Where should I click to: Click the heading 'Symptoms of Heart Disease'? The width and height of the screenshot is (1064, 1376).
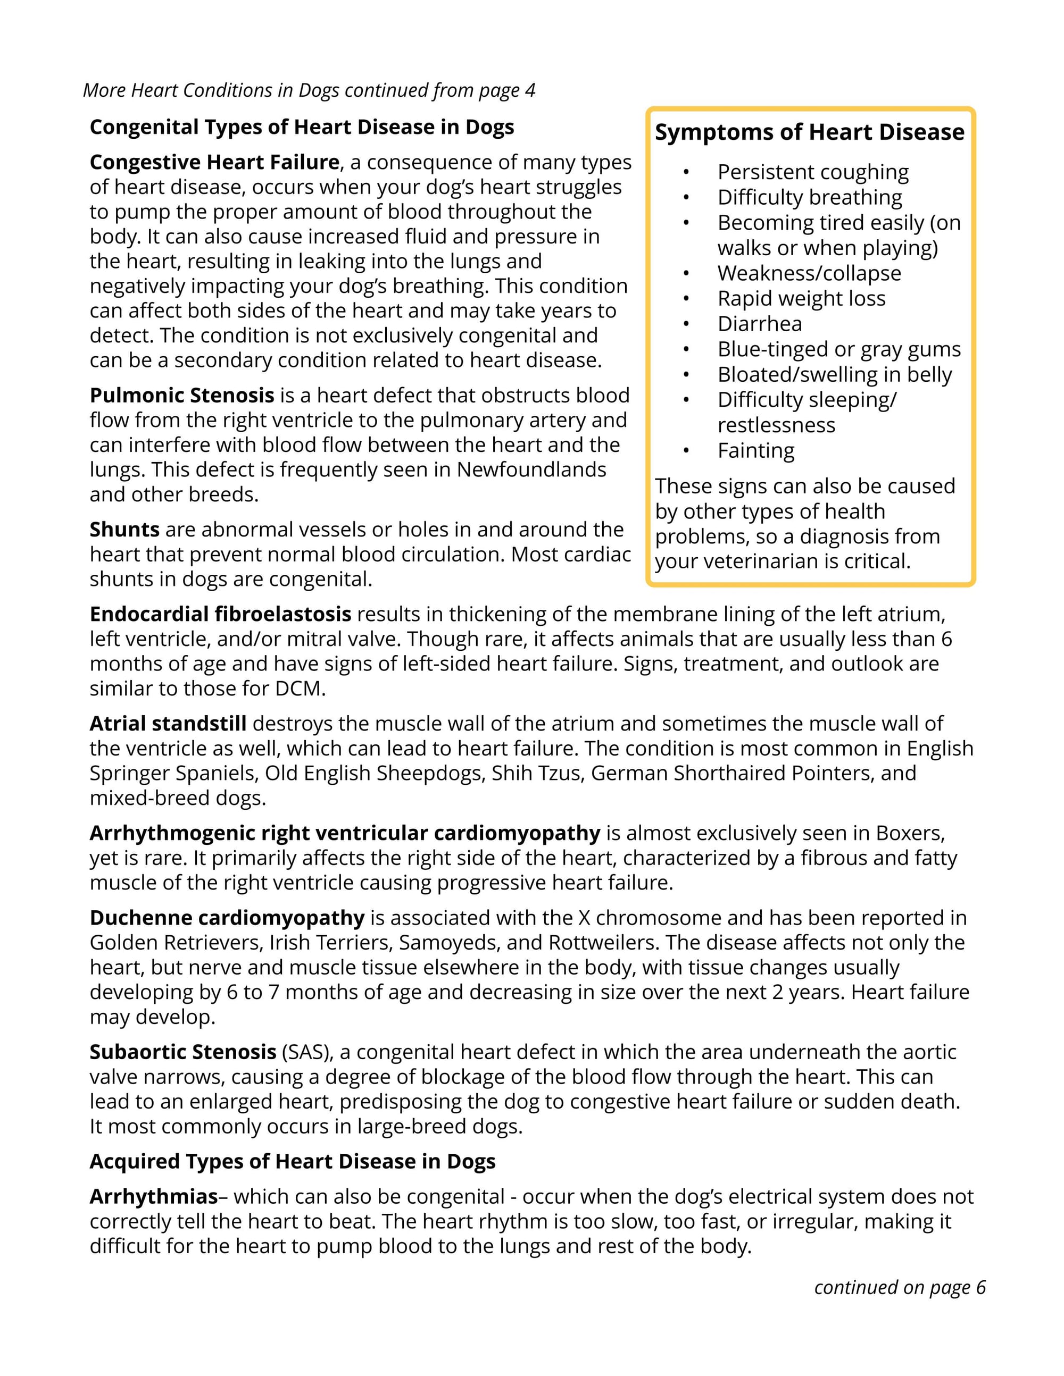[x=809, y=132]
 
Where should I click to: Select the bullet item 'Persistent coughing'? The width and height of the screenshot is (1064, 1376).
[x=812, y=172]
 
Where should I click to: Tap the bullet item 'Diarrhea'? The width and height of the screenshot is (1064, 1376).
[x=760, y=324]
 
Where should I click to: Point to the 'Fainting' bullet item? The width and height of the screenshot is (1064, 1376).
[x=756, y=450]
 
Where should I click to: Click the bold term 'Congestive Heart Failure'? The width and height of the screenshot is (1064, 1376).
[x=214, y=163]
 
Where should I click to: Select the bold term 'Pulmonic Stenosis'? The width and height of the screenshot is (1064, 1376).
[x=181, y=396]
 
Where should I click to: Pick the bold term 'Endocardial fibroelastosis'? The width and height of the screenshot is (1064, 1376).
[x=220, y=614]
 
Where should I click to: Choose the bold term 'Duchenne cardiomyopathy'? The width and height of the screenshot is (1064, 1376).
[x=227, y=918]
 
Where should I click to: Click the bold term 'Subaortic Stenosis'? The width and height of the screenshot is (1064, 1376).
[x=183, y=1052]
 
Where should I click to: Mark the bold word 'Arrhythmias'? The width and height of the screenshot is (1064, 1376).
[x=153, y=1196]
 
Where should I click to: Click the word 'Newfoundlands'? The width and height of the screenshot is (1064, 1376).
[x=531, y=470]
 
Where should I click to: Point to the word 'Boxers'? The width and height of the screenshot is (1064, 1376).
[x=910, y=834]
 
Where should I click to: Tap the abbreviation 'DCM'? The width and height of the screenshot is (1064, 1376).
[x=299, y=689]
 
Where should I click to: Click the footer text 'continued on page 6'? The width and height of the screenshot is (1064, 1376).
[x=900, y=1287]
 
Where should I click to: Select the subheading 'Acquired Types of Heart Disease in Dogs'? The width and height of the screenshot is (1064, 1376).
[x=293, y=1162]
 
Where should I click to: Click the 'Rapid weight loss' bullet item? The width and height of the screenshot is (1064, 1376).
[x=801, y=299]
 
